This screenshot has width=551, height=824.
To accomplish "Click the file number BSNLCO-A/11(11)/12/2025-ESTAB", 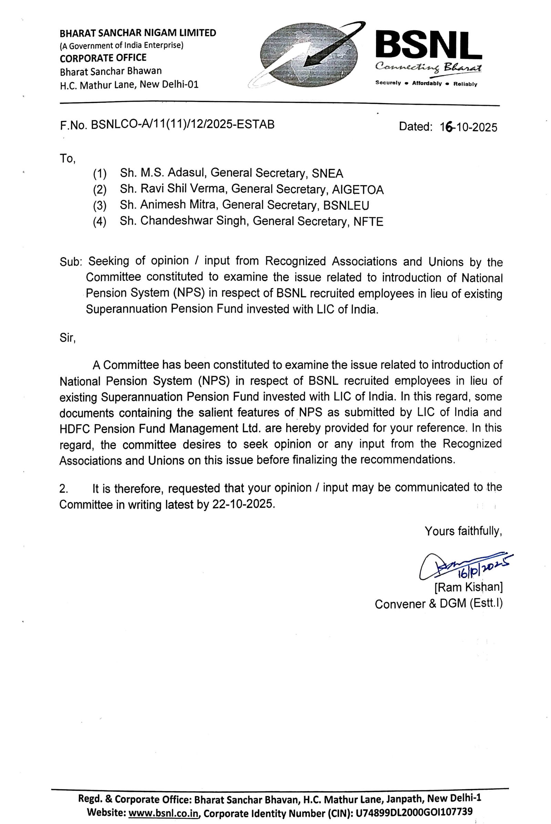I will pyautogui.click(x=183, y=124).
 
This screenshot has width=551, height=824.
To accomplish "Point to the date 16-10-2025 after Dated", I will pyautogui.click(x=468, y=127).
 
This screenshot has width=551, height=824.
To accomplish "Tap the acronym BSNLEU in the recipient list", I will pyautogui.click(x=346, y=205).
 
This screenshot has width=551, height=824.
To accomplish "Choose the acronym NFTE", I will pyautogui.click(x=368, y=222).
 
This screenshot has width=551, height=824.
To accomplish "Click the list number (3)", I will pyautogui.click(x=100, y=206).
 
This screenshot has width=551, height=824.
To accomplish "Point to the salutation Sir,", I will pyautogui.click(x=67, y=338).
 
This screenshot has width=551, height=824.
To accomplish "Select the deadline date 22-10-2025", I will pyautogui.click(x=242, y=504).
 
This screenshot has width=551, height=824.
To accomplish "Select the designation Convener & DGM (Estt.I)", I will pyautogui.click(x=438, y=604).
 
